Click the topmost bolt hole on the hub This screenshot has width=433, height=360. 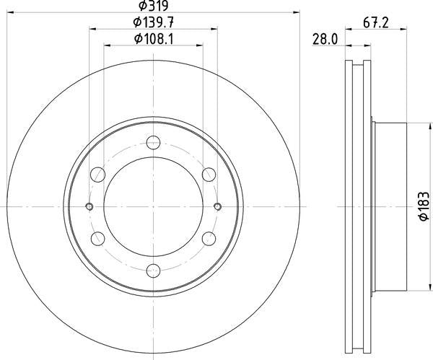(x=153, y=142)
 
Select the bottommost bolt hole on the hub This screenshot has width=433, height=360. (x=153, y=271)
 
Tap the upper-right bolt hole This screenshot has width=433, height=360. (x=209, y=174)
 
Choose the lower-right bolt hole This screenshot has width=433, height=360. (x=209, y=239)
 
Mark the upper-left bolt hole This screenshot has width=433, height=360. (x=97, y=174)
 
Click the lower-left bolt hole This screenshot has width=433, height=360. (x=97, y=239)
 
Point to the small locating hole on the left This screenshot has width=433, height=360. (x=89, y=207)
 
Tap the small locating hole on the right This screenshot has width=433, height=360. (x=217, y=207)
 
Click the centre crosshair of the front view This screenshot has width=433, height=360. (x=153, y=207)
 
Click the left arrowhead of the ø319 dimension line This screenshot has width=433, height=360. (x=9, y=12)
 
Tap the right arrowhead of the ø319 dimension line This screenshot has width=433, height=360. (x=295, y=12)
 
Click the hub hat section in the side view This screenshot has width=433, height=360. (x=390, y=207)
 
